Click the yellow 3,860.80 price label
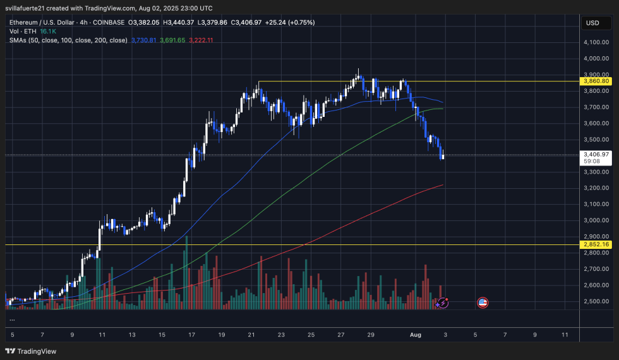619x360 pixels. (x=597, y=81)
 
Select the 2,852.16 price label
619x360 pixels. (x=597, y=244)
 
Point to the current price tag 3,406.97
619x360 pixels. (x=597, y=154)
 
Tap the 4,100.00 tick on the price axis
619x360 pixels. (x=597, y=42)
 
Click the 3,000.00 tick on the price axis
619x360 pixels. (x=597, y=220)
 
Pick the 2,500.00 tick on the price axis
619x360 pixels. (x=597, y=301)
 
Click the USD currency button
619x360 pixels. (x=592, y=23)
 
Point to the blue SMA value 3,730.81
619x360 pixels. (x=145, y=40)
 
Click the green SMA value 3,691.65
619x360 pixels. (x=172, y=40)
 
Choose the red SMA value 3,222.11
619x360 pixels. (x=201, y=40)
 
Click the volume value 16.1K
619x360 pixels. (x=48, y=31)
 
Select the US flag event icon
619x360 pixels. (x=483, y=303)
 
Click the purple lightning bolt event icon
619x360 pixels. (x=443, y=303)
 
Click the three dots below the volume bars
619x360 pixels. (x=13, y=320)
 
